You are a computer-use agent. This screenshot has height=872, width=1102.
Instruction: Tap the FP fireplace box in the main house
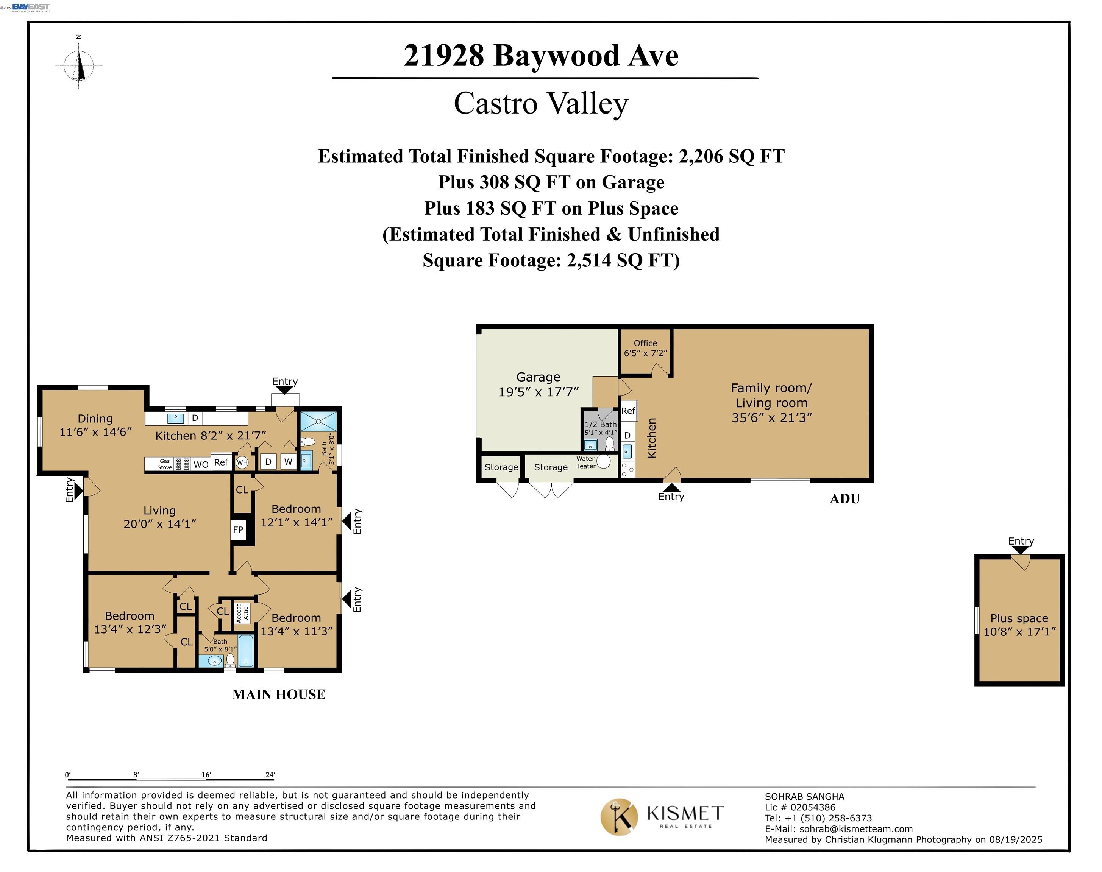238,530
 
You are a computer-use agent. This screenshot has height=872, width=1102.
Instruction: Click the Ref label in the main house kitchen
221,462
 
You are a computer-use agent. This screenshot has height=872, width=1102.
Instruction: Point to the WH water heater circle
242,462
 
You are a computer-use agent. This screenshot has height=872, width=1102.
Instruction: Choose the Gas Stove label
164,464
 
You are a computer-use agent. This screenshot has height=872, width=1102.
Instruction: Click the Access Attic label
242,613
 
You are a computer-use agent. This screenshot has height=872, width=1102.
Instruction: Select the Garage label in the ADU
538,377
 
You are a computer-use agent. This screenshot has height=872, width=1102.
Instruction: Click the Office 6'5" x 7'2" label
645,348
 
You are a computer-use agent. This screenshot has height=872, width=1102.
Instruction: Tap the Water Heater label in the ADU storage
585,462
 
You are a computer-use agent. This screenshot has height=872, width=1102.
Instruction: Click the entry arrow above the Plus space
1020,550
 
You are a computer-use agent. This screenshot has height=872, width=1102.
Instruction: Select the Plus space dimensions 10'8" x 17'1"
1019,632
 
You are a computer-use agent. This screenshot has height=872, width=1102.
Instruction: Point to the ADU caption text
844,499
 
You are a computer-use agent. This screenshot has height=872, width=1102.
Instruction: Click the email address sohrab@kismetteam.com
856,829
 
